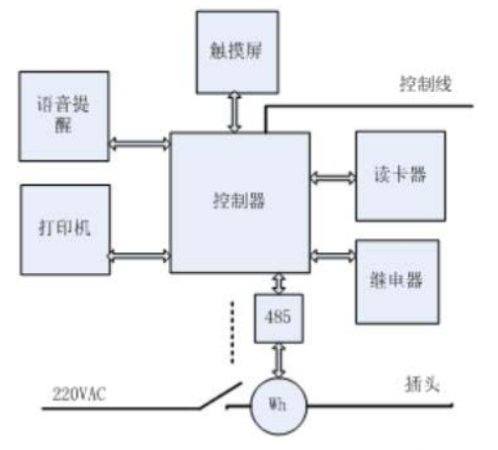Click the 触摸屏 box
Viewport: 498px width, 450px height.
coord(237,52)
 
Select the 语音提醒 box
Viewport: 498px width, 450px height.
coord(64,117)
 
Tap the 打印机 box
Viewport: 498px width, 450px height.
coord(65,229)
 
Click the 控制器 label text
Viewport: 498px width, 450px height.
coord(239,201)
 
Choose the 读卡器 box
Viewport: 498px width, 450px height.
coord(400,176)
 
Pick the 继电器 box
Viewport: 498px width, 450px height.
coord(397,282)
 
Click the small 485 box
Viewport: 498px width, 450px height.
coord(279,318)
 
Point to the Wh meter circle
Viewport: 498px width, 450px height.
coord(279,406)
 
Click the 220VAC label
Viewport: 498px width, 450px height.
coord(79,394)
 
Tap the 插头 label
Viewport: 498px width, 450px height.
coord(422,385)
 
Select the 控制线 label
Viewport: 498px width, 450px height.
coord(426,84)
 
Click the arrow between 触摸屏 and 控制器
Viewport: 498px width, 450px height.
coord(234,113)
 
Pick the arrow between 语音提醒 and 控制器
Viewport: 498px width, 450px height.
coord(139,143)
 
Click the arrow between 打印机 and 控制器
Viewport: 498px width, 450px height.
coord(139,256)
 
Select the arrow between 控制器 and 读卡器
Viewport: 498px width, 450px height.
coord(333,178)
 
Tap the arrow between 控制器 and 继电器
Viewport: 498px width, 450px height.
coord(333,256)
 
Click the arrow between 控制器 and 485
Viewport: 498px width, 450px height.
coord(279,284)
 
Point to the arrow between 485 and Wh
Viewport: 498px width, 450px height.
coord(279,360)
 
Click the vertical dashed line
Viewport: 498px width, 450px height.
coord(232,332)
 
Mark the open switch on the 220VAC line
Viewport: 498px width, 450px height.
coord(220,396)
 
